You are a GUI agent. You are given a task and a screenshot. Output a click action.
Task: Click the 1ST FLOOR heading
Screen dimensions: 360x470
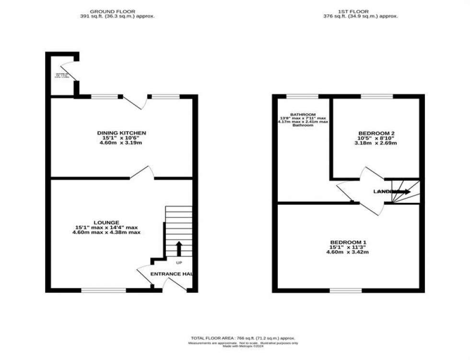click(347, 11)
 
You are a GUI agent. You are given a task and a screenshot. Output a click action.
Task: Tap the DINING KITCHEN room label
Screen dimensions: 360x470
click(121, 133)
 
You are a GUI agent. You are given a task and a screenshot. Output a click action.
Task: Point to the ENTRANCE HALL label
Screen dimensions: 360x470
click(171, 274)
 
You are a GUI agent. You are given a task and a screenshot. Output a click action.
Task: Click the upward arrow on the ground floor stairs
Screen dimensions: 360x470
click(179, 249)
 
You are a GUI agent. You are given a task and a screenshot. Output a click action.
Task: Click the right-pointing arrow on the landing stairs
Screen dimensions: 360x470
click(402, 192)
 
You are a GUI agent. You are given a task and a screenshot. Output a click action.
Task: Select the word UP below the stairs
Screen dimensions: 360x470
click(178, 263)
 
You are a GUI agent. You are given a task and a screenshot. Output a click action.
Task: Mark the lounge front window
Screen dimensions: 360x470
click(104, 290)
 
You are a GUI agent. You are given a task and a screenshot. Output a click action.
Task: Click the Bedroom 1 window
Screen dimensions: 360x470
click(345, 290)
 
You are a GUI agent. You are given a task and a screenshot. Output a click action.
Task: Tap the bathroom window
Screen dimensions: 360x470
click(302, 96)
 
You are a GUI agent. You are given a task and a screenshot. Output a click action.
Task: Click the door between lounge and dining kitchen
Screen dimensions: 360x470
click(141, 174)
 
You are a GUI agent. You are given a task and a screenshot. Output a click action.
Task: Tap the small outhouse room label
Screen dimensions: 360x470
click(62, 76)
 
